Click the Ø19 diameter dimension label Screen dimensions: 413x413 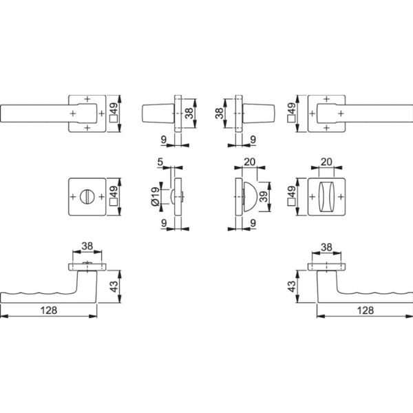(156, 196)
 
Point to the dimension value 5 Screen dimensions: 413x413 (160, 162)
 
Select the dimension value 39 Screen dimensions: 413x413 (264, 196)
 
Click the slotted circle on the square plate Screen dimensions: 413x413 (87, 196)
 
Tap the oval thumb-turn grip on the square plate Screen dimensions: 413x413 (326, 197)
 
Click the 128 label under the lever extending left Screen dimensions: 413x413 (49, 310)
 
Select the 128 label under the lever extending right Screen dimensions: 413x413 (366, 310)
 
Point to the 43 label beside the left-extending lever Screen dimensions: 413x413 (114, 286)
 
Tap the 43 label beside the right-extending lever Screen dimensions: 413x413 (292, 286)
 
